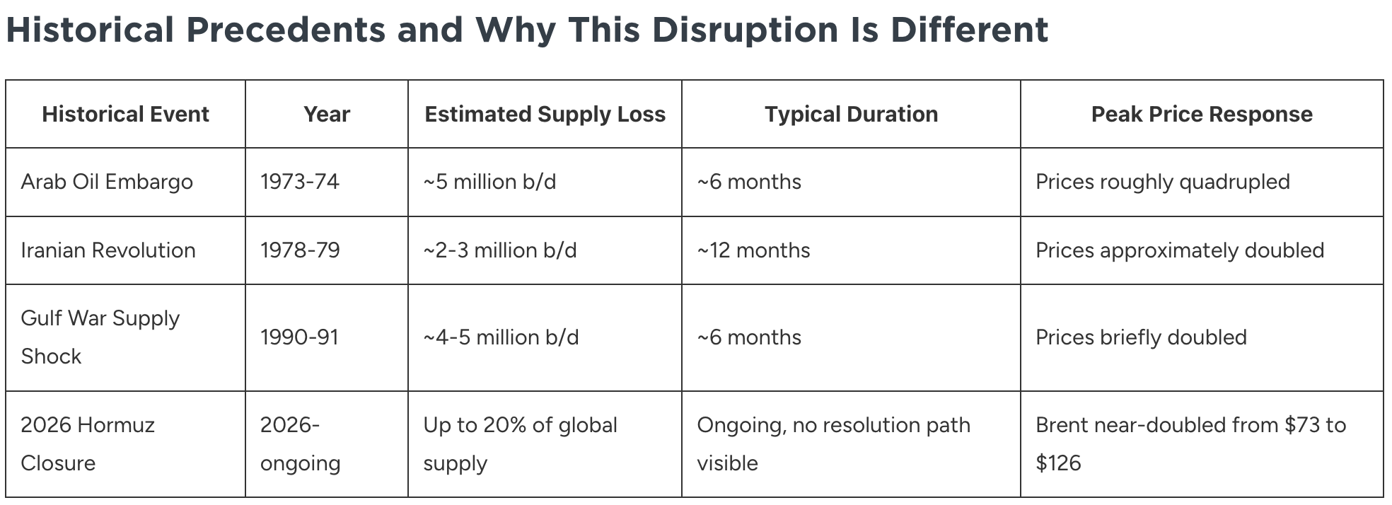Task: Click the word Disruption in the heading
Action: (744, 30)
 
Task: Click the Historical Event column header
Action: (125, 114)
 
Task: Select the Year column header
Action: (327, 114)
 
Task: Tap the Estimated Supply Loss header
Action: (545, 114)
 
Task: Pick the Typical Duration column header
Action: (851, 114)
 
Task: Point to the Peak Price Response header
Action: (1202, 114)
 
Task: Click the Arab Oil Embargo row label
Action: (107, 182)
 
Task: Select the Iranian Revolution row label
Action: (108, 250)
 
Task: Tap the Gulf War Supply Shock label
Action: (100, 337)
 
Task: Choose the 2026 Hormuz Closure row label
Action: (88, 443)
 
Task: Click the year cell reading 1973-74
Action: (300, 182)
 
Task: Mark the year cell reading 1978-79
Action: (300, 250)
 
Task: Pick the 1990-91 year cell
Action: (299, 337)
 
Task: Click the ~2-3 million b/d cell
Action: (500, 250)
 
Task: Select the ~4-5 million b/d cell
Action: (501, 337)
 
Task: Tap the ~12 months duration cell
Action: (753, 250)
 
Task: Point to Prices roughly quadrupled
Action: (1163, 182)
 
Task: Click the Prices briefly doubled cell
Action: (1141, 337)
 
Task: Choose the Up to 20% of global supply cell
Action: (520, 443)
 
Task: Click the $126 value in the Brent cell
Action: (1058, 463)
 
